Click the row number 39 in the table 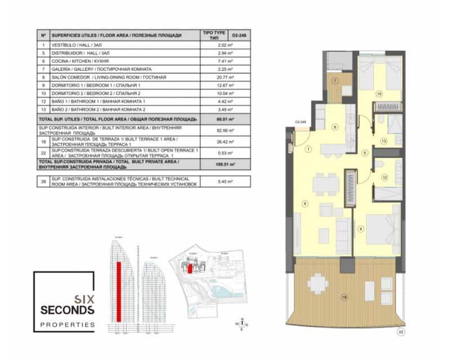[43, 181]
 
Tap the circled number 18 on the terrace [345, 296]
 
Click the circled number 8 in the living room [305, 204]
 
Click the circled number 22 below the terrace [400, 332]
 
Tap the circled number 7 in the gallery [335, 81]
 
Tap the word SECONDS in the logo [67, 310]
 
